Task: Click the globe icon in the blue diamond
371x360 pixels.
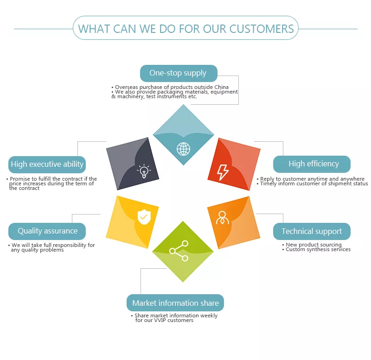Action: tap(183, 149)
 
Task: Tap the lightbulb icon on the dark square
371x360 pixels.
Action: tap(144, 171)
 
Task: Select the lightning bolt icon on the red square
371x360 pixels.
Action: tap(223, 172)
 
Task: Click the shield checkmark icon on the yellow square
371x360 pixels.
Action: tap(144, 217)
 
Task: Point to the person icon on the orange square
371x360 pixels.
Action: tap(223, 218)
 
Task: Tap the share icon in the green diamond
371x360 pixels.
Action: tap(179, 251)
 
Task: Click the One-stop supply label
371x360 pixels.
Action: tap(179, 73)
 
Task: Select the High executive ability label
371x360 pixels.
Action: tap(47, 164)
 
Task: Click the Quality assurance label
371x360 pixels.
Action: tap(47, 231)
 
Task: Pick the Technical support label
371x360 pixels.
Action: tap(312, 231)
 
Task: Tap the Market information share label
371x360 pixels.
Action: tap(175, 303)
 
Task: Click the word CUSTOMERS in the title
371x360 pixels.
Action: tap(262, 29)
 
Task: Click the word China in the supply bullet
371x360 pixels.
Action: tap(222, 87)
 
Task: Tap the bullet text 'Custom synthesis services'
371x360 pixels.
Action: tap(318, 249)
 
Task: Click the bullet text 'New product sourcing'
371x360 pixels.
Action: tap(314, 245)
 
